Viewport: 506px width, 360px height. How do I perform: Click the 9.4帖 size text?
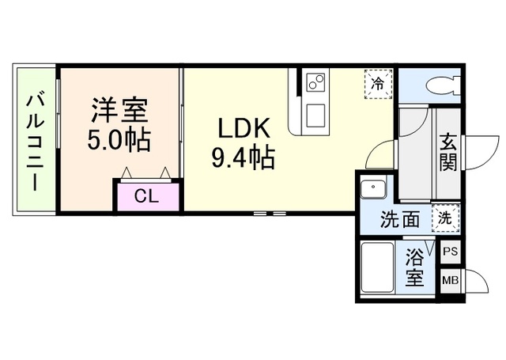[242, 158]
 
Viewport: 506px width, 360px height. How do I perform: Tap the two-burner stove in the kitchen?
[316, 82]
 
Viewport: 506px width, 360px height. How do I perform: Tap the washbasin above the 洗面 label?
[372, 191]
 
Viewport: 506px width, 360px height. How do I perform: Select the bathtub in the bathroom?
[377, 269]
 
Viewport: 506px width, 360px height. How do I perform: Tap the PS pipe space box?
[450, 252]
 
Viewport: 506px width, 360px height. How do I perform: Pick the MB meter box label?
[450, 280]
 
